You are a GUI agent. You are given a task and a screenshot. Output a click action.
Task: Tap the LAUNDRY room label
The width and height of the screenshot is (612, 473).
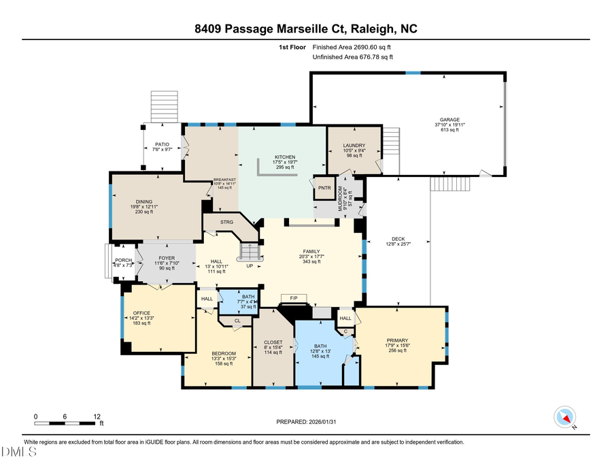click(x=354, y=145)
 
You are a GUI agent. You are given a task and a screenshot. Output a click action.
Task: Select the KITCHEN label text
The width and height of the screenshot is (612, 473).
click(x=284, y=157)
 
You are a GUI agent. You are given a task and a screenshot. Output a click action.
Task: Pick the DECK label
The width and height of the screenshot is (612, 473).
click(x=398, y=238)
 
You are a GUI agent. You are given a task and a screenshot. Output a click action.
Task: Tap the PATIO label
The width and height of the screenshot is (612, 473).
click(x=162, y=144)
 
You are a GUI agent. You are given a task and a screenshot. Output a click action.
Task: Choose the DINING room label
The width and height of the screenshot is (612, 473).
click(x=145, y=201)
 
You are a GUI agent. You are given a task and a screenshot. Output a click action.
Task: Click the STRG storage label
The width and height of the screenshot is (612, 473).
click(x=227, y=222)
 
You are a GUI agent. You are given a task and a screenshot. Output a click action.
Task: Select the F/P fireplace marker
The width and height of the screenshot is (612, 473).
click(x=294, y=299)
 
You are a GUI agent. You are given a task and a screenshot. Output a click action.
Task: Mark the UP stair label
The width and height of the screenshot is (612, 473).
click(x=250, y=265)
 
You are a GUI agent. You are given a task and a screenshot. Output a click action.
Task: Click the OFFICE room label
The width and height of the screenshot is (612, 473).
click(x=141, y=313)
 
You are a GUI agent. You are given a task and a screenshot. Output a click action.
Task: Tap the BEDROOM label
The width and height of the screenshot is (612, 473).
click(x=223, y=353)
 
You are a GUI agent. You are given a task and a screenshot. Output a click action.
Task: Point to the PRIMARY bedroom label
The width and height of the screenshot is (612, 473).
click(x=397, y=340)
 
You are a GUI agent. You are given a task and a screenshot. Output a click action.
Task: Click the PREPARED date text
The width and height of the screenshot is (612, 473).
click(x=306, y=422)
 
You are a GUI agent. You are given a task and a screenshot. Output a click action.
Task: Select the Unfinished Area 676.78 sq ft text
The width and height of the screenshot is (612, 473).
click(x=353, y=57)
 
